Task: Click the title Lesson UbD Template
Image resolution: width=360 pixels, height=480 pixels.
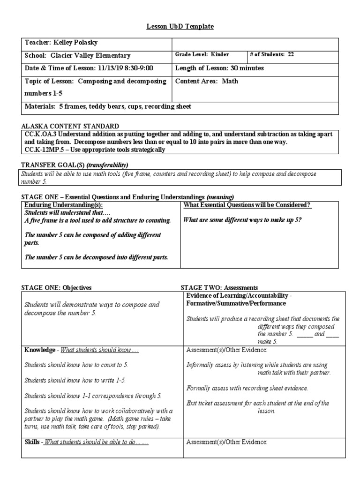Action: coord(180,27)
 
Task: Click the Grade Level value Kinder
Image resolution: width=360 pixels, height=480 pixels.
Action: coord(219,55)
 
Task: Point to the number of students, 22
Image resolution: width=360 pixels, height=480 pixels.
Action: coord(291,55)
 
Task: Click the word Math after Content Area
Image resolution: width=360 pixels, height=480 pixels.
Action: coord(230,81)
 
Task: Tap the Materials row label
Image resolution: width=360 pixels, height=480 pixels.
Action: coord(40,107)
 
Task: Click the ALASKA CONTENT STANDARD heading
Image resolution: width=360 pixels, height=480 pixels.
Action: coord(70,127)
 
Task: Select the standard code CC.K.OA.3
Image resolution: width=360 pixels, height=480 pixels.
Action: coord(41,135)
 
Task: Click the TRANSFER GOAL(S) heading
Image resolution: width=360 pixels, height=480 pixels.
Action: coord(52,165)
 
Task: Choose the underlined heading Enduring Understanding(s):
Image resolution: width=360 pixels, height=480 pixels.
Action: coord(63,205)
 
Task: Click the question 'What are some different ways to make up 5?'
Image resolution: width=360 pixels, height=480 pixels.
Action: coord(242,220)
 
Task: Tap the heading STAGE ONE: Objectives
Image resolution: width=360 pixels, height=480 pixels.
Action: coord(56,287)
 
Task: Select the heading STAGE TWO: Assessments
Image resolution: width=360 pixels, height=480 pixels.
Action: coord(219,287)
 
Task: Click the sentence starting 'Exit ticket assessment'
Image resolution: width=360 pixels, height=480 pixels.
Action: coord(257,403)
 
